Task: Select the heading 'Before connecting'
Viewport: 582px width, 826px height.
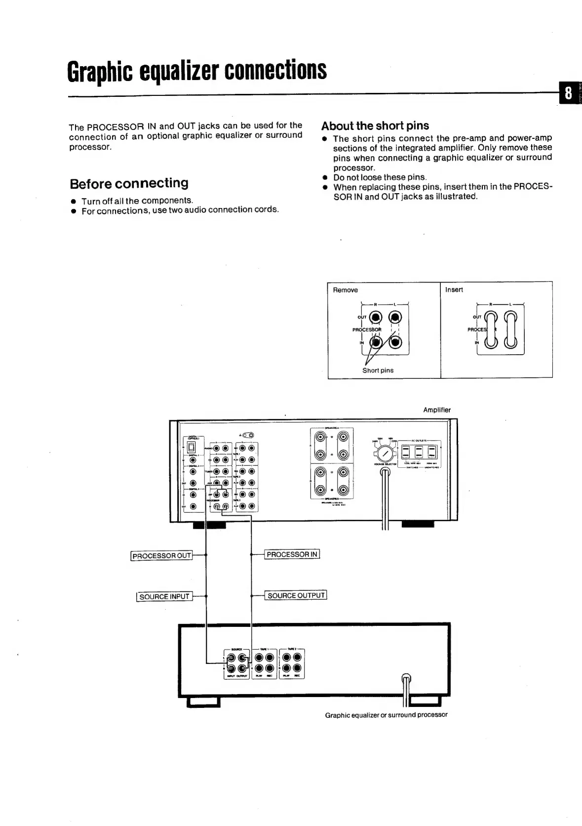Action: tap(129, 184)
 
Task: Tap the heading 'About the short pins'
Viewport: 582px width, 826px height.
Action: tap(375, 125)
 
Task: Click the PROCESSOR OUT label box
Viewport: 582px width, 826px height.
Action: tap(161, 556)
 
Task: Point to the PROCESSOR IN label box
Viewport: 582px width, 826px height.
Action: tap(292, 554)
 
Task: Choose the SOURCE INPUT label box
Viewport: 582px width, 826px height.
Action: tap(164, 596)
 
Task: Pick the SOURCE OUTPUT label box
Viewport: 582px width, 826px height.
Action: tap(296, 595)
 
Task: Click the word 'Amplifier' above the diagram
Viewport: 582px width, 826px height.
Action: tap(436, 410)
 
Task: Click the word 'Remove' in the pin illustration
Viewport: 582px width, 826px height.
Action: tap(345, 290)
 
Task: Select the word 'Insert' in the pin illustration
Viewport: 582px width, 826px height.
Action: tap(454, 289)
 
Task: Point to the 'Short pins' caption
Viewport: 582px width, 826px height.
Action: tap(378, 370)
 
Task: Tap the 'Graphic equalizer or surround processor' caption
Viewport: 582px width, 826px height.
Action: tap(386, 715)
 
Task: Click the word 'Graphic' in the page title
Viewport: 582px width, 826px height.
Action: tap(100, 72)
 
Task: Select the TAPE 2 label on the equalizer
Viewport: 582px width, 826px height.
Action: tap(292, 649)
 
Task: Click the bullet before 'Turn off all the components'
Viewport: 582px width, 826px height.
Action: tap(73, 202)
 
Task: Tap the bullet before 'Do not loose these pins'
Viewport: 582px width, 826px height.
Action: tap(325, 177)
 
